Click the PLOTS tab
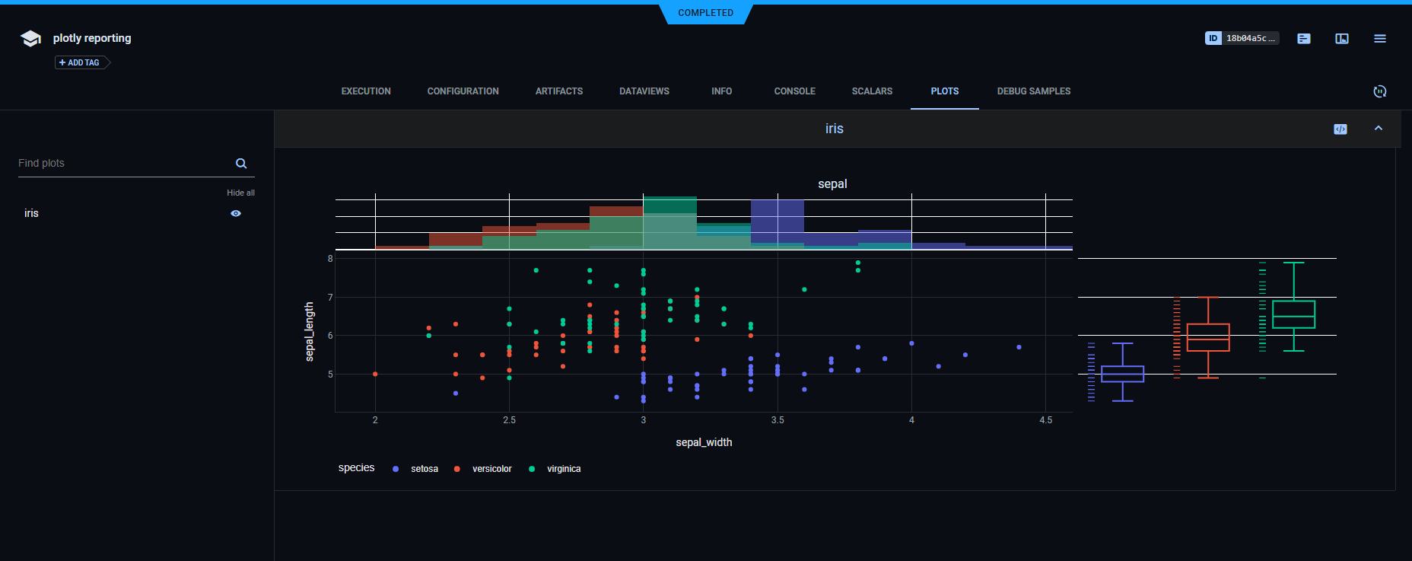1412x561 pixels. [944, 91]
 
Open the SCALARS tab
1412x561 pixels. [872, 91]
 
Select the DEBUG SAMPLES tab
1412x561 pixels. [1033, 91]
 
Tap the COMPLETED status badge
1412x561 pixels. [705, 13]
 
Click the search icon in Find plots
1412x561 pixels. [241, 164]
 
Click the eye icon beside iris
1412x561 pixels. [236, 214]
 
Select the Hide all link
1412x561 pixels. [240, 193]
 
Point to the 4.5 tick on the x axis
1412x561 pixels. [1045, 420]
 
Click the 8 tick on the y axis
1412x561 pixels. [330, 259]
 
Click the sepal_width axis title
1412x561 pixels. [704, 442]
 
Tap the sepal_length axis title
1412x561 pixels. [310, 331]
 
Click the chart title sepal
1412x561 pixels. [832, 184]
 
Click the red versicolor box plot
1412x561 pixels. [1208, 337]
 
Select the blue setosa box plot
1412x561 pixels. [1122, 374]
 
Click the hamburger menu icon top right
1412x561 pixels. [1379, 39]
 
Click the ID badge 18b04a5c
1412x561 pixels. [1242, 38]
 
